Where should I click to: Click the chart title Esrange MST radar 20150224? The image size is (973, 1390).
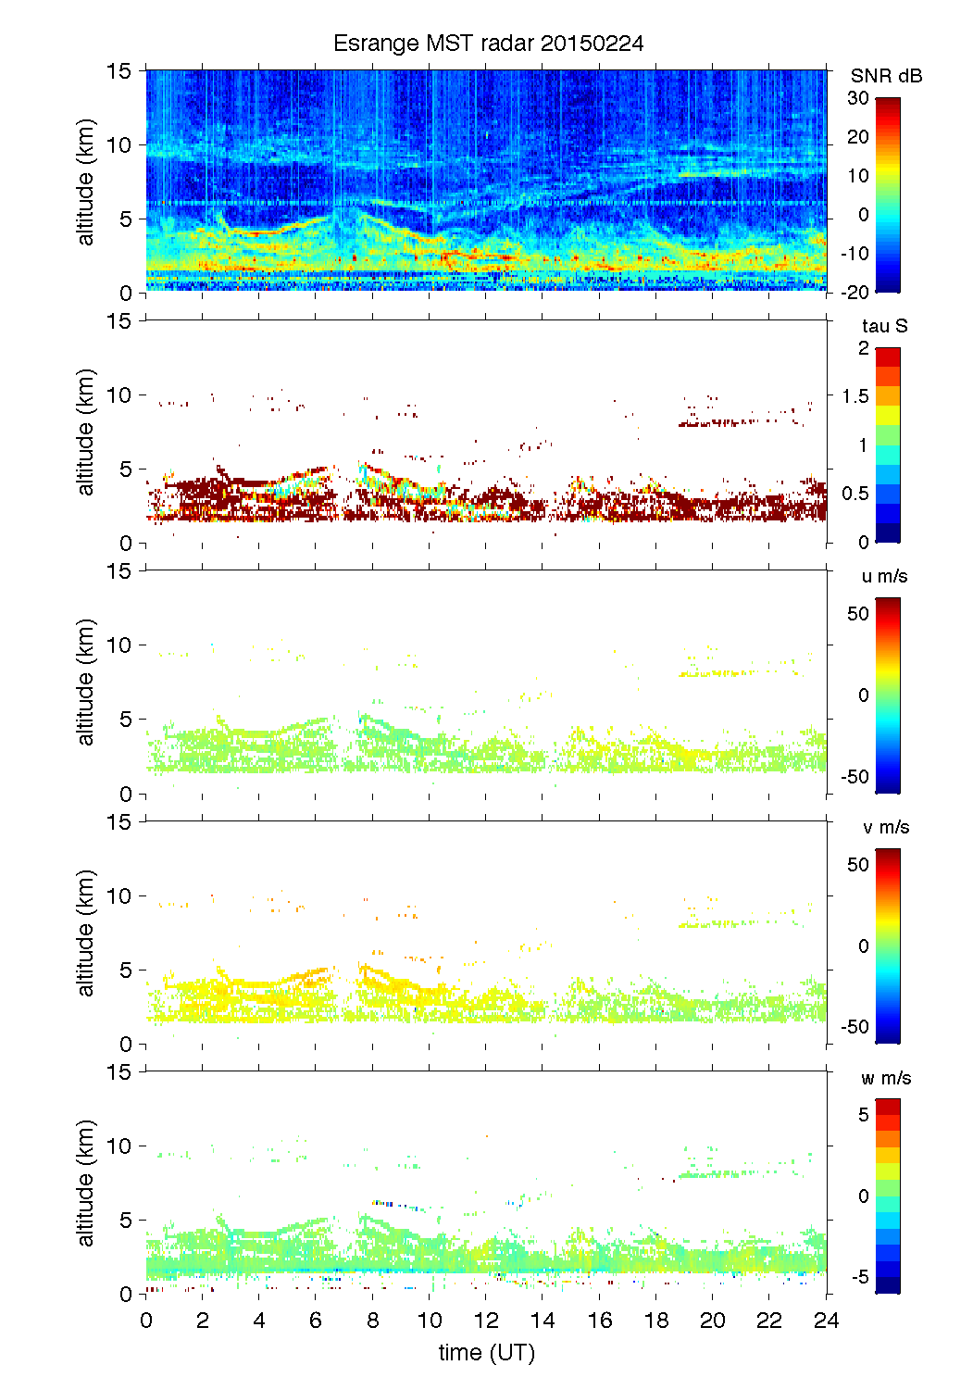point(488,44)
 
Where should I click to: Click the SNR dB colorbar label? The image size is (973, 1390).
point(886,76)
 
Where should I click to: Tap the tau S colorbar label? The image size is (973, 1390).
point(884,326)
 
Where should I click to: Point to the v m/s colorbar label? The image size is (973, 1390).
point(885,827)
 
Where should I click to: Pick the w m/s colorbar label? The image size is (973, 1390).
point(886,1078)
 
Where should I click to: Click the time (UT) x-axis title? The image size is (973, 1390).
point(486,1352)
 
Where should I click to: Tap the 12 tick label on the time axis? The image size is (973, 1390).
point(486,1320)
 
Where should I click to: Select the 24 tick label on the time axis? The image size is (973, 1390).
point(826,1320)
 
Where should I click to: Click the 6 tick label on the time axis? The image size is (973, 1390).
point(316,1320)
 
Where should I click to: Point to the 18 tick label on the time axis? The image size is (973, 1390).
point(655,1320)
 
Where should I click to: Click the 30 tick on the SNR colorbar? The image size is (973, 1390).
point(858,98)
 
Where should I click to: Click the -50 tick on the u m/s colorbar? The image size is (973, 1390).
point(855,776)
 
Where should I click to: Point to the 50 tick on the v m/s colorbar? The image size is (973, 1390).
point(858,864)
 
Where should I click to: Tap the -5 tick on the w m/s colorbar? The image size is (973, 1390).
point(860,1277)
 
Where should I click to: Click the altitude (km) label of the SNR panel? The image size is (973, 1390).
point(86,182)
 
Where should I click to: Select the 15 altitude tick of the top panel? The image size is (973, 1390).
point(119,70)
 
